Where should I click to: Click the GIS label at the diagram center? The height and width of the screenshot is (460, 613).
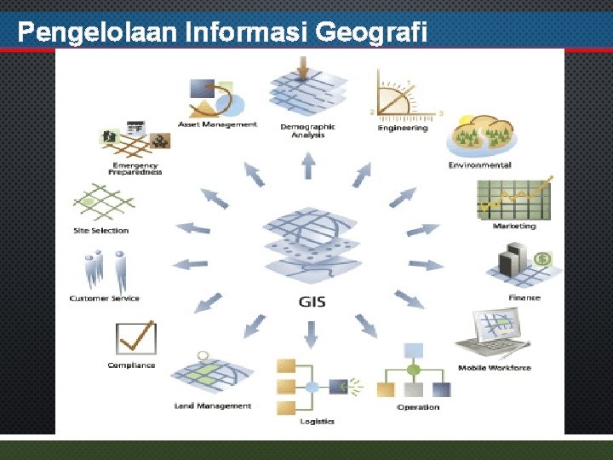(x=312, y=302)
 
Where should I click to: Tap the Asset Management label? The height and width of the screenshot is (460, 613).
(x=217, y=124)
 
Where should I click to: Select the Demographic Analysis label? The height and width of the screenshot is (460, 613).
(x=307, y=130)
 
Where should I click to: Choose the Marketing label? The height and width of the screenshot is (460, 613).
(x=514, y=226)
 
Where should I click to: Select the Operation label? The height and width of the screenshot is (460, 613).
(x=418, y=407)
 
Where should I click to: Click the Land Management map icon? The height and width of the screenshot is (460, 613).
(x=213, y=375)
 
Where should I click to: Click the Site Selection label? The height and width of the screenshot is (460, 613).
(x=101, y=230)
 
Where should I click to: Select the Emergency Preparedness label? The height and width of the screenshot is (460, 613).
(x=135, y=168)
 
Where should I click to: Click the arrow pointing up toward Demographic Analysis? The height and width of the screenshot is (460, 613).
(x=308, y=165)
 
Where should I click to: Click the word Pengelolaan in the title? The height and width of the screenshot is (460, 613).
(x=97, y=32)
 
